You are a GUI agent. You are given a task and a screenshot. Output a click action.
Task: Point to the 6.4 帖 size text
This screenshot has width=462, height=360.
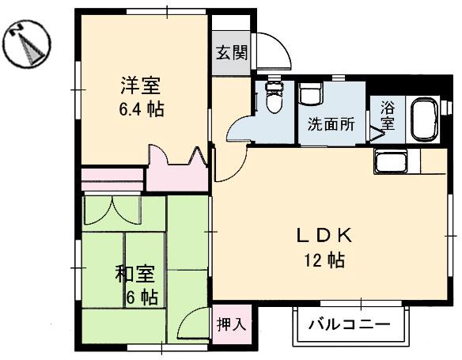143,109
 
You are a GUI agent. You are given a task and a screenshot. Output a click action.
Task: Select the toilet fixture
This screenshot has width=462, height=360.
274,100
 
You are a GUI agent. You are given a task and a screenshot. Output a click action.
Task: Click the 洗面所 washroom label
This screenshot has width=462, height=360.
331,123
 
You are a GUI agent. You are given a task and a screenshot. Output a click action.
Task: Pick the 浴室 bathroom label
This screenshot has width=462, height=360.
387,116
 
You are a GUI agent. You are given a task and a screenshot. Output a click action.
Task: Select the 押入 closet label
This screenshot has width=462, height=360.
232,324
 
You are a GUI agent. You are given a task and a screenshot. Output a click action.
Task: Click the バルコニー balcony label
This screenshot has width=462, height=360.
349,324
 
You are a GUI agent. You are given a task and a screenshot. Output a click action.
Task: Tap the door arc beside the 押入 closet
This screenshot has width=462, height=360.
193,324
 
